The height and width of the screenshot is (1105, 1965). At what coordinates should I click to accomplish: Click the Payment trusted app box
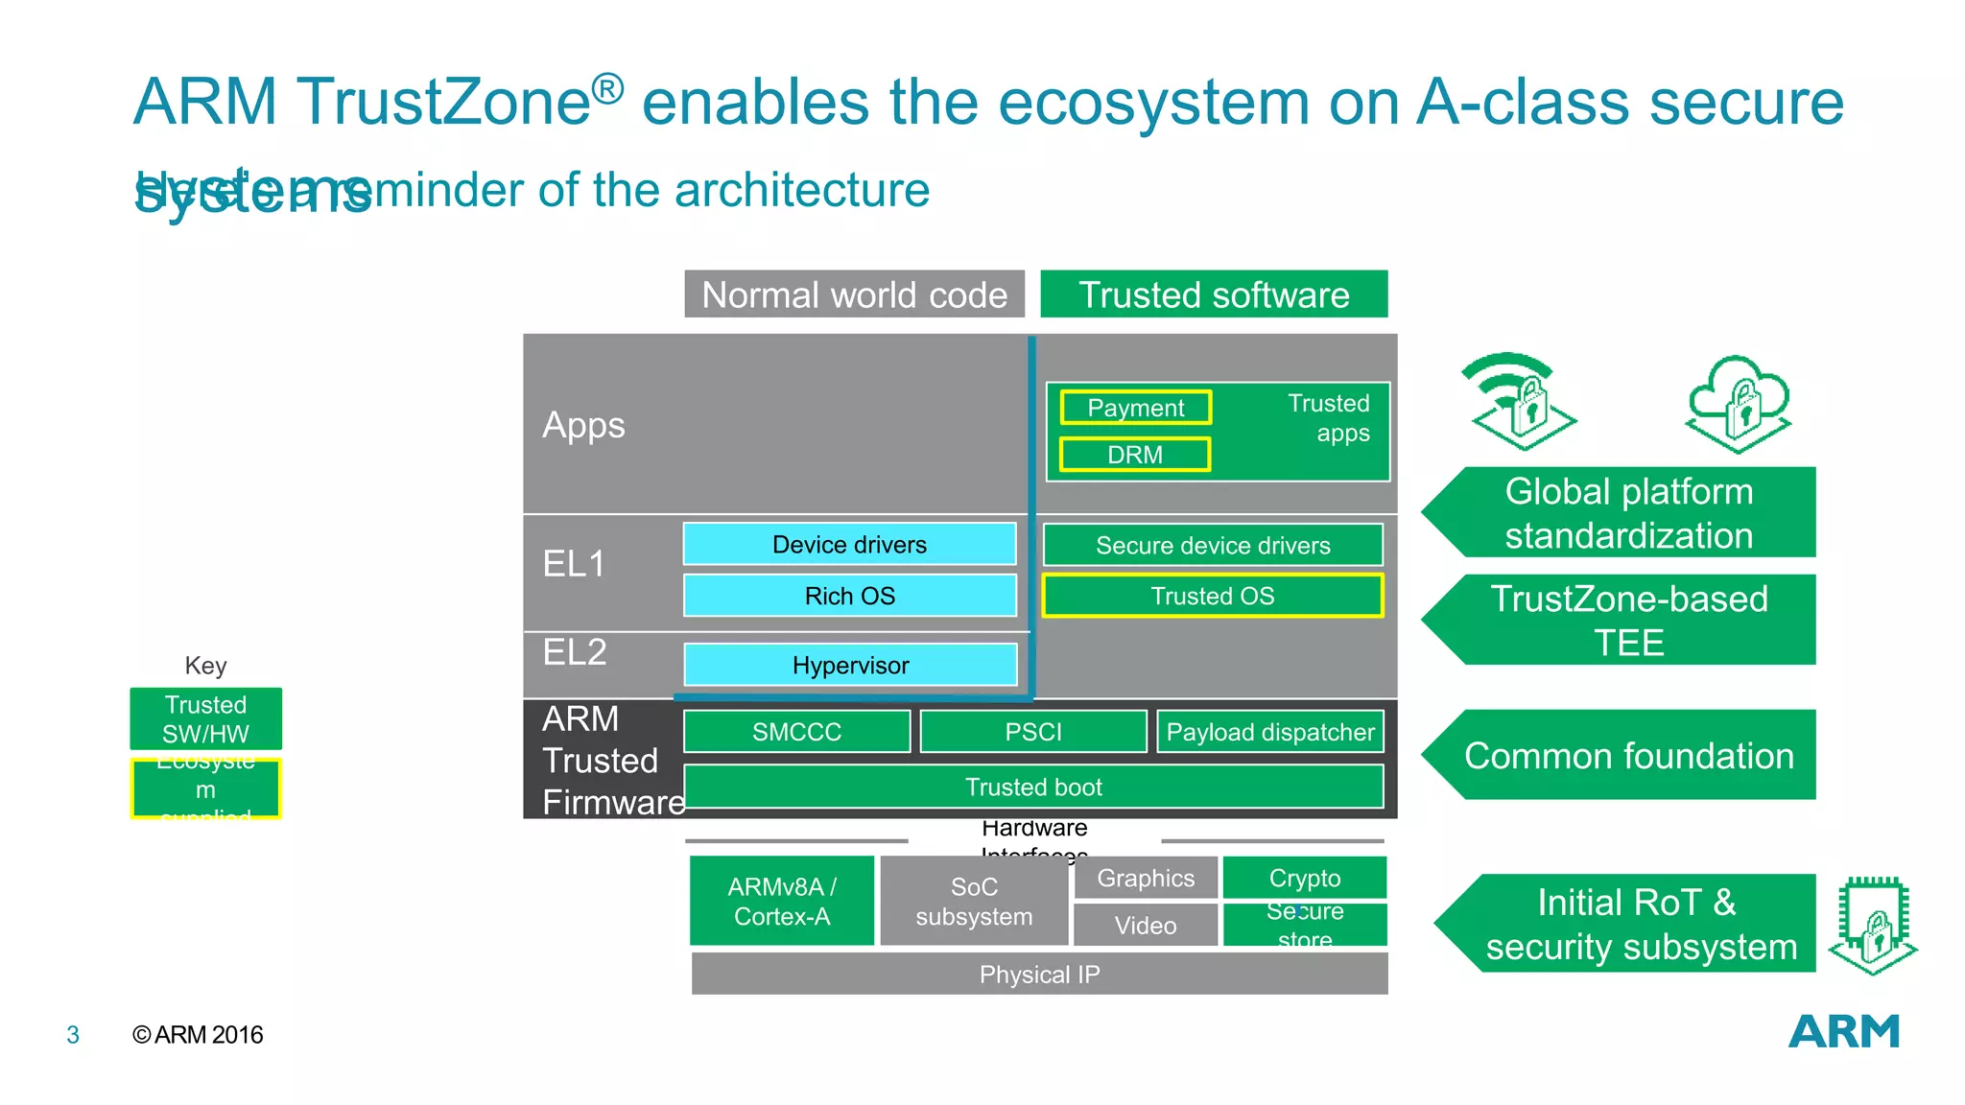[x=1135, y=408]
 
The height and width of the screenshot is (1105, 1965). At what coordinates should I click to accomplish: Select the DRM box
[x=1135, y=455]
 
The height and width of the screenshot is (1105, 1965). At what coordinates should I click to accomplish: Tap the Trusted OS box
[x=1213, y=596]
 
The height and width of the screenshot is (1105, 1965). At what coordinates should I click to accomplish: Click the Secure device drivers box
[x=1213, y=545]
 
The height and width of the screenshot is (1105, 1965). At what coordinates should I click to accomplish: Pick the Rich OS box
[x=850, y=596]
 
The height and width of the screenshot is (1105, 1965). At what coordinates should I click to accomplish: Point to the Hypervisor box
[x=850, y=665]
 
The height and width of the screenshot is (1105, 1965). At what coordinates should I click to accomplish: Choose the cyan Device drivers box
[x=850, y=545]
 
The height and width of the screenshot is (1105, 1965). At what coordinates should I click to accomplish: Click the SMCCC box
[x=796, y=732]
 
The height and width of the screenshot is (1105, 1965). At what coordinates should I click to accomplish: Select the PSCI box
[x=1033, y=732]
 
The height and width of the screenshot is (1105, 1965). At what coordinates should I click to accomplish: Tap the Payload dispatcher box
[x=1270, y=732]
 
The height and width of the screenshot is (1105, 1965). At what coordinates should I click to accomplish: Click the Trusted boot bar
[x=1033, y=787]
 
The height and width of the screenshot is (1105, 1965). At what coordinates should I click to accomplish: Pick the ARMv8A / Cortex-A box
[x=782, y=901]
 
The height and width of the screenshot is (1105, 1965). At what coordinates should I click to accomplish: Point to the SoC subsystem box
[x=974, y=902]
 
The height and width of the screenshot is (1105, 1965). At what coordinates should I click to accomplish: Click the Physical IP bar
[x=1039, y=975]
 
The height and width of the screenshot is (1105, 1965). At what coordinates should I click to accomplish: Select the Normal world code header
[x=854, y=294]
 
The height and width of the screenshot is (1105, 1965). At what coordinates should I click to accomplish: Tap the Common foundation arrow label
[x=1628, y=756]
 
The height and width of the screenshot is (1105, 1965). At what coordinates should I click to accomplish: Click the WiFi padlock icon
[x=1519, y=401]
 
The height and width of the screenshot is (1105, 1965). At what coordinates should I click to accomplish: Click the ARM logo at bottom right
[x=1843, y=1032]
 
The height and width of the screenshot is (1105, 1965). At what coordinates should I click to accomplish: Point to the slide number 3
[x=73, y=1035]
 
